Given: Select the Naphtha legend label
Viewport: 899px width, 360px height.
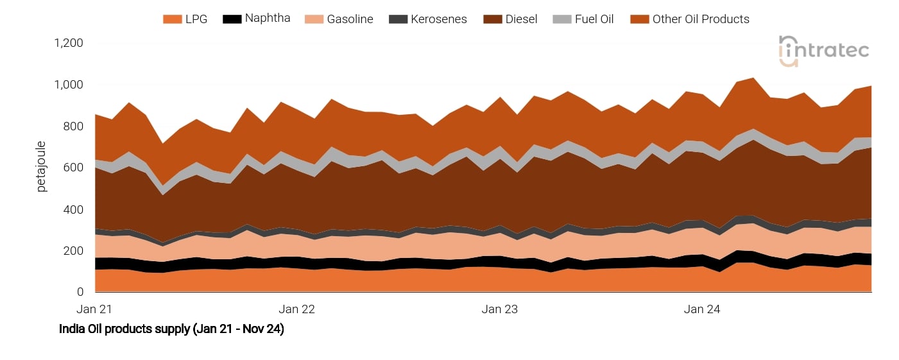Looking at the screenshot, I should [x=268, y=18].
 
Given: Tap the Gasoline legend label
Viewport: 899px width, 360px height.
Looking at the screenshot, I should [x=350, y=19].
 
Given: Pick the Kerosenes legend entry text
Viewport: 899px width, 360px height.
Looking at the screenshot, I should [x=440, y=19].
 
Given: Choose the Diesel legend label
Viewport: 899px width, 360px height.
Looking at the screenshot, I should [x=521, y=19].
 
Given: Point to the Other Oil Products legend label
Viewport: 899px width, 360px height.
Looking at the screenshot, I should [x=701, y=19].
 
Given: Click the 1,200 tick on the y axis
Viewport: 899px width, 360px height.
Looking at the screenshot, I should [x=69, y=44].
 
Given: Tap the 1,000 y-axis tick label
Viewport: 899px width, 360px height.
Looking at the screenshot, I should [x=69, y=85].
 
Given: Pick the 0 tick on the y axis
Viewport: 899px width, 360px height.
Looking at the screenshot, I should [x=80, y=293].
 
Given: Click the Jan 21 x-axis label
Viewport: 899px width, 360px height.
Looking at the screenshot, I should [x=94, y=309].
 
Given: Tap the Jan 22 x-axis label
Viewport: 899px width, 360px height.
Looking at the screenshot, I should [x=298, y=309].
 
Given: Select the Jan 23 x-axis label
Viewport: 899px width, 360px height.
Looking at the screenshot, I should [x=500, y=309].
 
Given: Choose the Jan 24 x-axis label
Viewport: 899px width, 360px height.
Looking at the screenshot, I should [x=702, y=309].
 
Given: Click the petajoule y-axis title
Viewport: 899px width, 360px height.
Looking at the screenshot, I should [x=41, y=167].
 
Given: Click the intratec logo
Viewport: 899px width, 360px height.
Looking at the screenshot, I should [x=824, y=50].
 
